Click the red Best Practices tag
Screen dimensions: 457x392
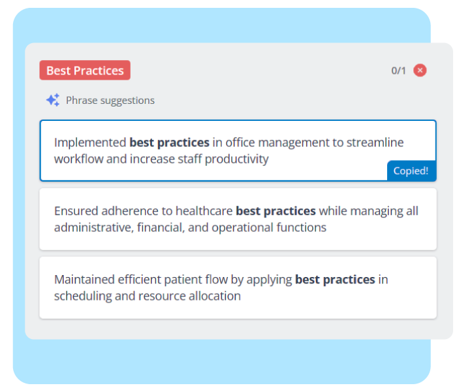click(85, 71)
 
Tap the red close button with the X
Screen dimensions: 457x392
click(420, 71)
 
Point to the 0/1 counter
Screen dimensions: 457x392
click(398, 71)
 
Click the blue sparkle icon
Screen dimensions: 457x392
click(53, 100)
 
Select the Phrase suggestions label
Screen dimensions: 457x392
click(110, 101)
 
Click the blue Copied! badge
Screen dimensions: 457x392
click(411, 171)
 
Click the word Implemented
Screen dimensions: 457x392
click(90, 142)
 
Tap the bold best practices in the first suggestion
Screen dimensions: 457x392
click(169, 142)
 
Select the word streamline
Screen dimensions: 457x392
click(375, 142)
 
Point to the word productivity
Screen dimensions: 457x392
click(236, 159)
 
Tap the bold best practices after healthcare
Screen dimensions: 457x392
click(276, 211)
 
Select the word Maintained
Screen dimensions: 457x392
click(84, 280)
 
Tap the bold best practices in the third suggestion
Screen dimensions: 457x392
click(335, 280)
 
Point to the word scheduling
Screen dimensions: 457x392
click(83, 297)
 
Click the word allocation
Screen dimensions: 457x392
click(215, 296)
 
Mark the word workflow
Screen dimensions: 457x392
click(79, 159)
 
